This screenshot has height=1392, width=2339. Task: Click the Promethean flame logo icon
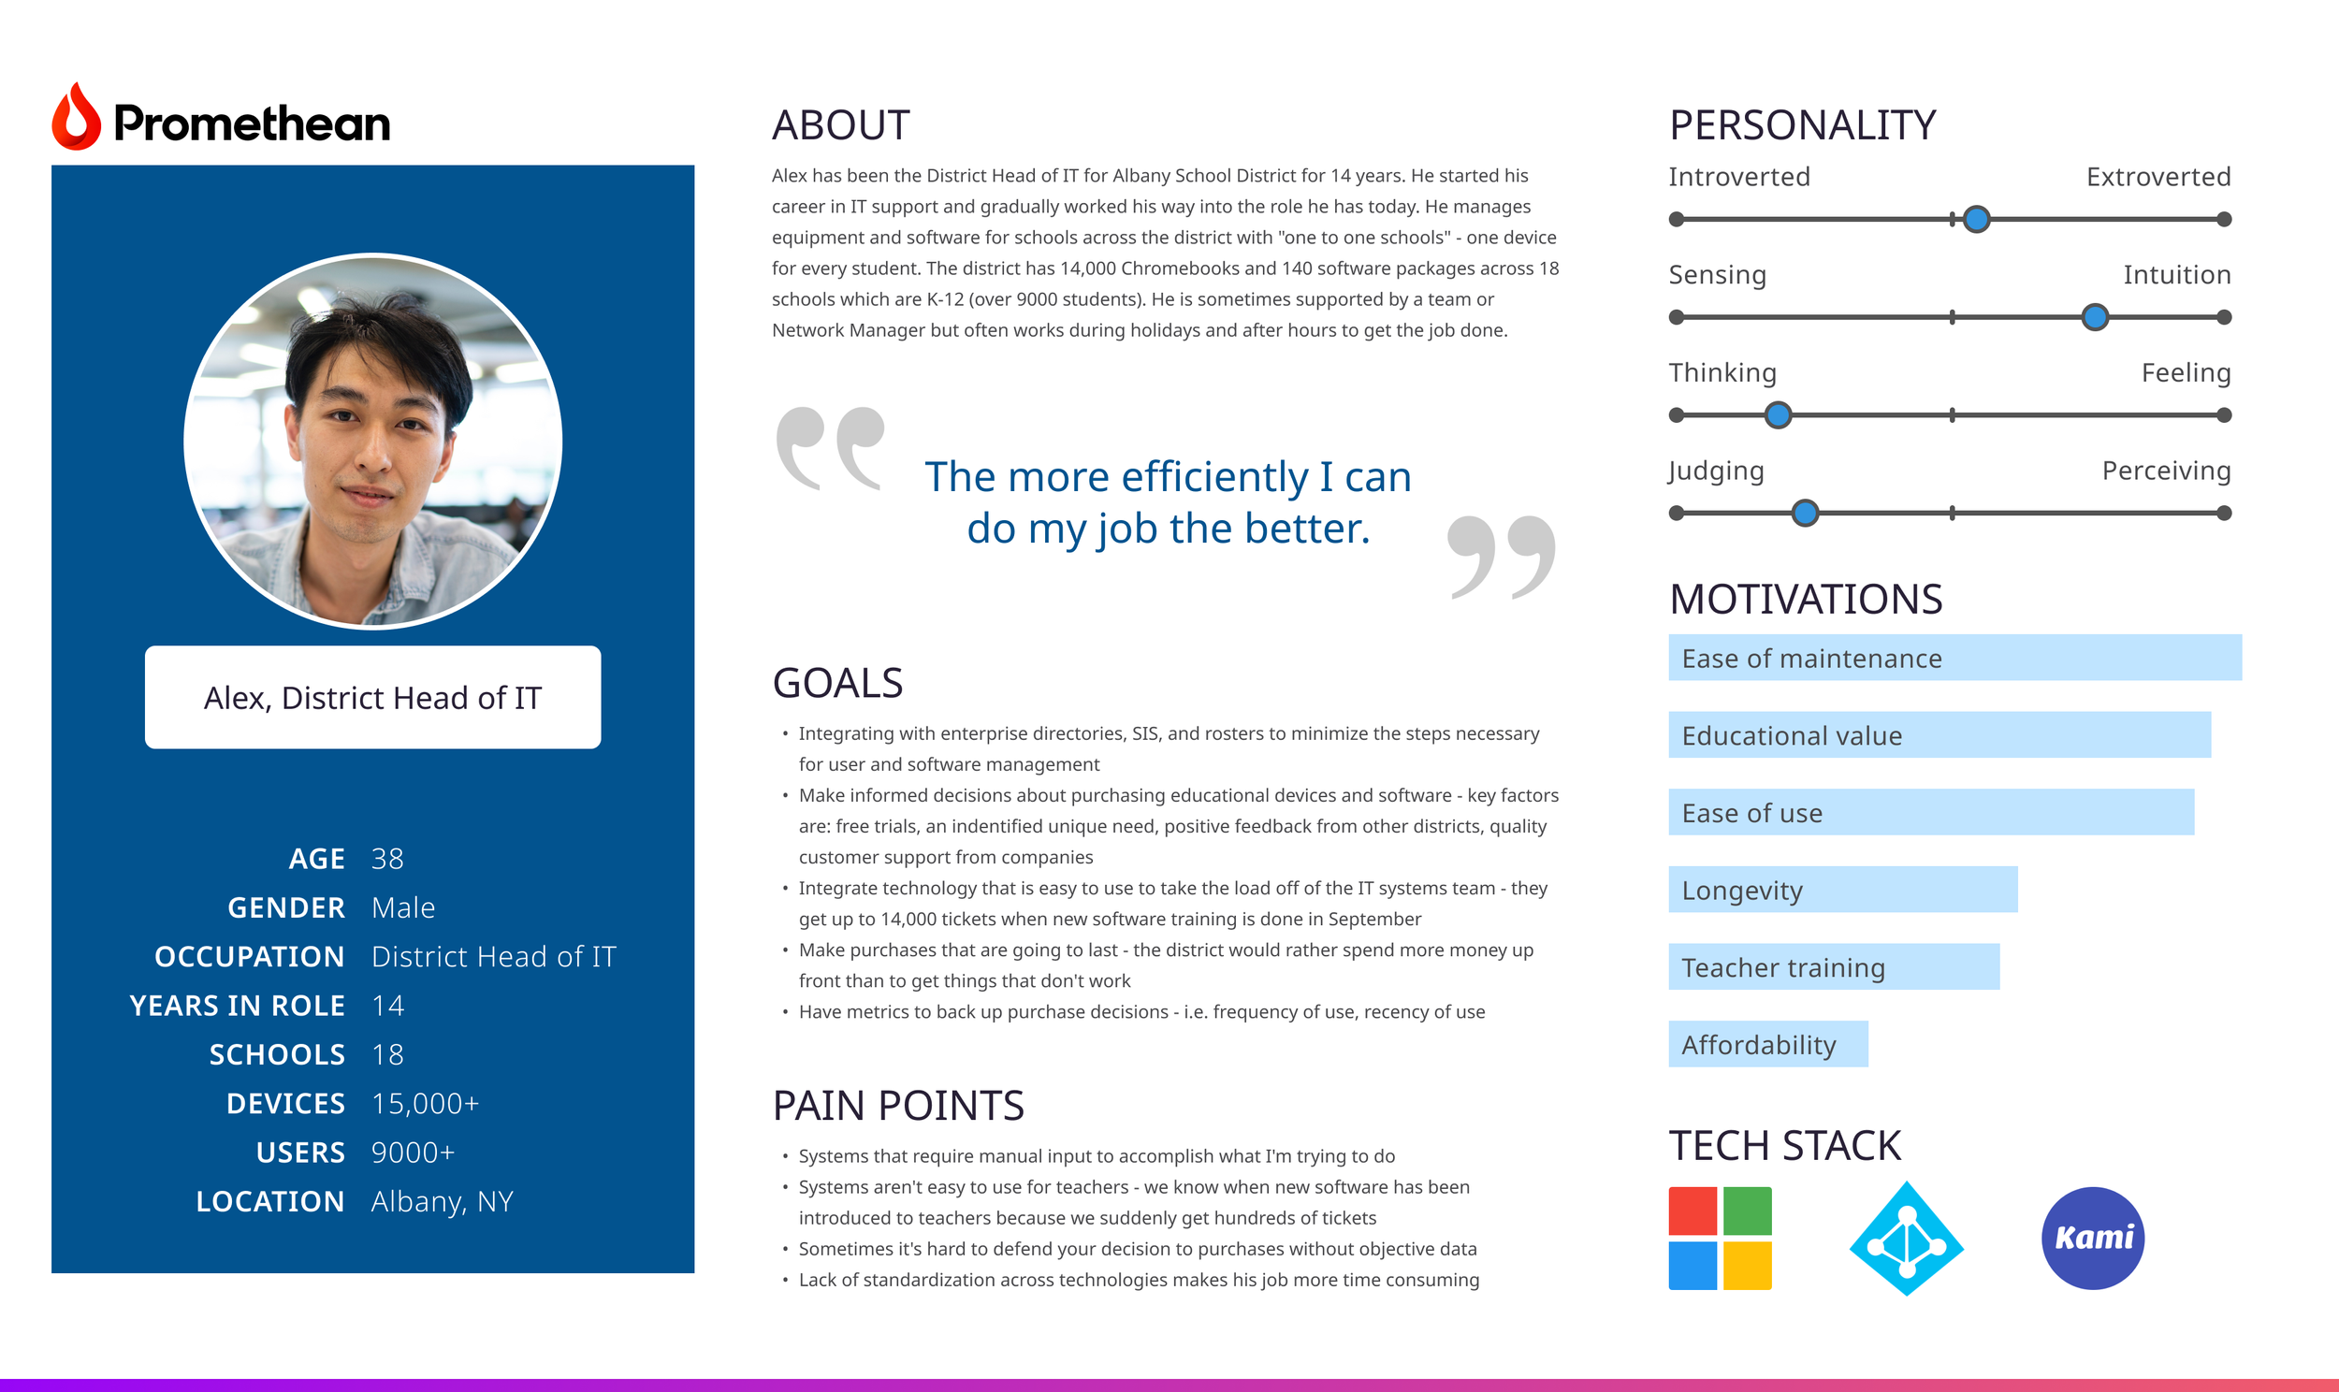[76, 117]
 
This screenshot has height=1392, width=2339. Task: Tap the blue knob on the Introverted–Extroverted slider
[1976, 220]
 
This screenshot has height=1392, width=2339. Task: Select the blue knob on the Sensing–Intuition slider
[2094, 317]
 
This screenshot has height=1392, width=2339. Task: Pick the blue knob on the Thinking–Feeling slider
[1778, 414]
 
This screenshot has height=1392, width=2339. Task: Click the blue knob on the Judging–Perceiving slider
[1805, 513]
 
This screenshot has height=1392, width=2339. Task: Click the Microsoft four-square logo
[1720, 1239]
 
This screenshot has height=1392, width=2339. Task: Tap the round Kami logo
[2092, 1239]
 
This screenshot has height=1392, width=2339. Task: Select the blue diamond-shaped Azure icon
[1906, 1239]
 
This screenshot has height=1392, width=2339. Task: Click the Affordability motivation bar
[1768, 1044]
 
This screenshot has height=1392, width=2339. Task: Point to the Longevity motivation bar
[1843, 890]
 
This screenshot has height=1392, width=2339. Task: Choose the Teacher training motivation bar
[1834, 966]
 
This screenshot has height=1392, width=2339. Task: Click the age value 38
[387, 858]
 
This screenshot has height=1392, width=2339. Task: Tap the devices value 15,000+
[425, 1104]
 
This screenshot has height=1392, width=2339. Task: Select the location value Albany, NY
[443, 1201]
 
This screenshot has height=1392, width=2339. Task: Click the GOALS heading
[837, 683]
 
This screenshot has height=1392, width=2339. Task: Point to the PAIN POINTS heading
[898, 1105]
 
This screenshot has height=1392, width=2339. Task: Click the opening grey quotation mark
[830, 448]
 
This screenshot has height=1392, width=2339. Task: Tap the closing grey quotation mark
[1501, 558]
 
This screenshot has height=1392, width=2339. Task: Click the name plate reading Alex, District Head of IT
[372, 697]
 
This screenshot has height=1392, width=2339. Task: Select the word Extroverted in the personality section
[2158, 177]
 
